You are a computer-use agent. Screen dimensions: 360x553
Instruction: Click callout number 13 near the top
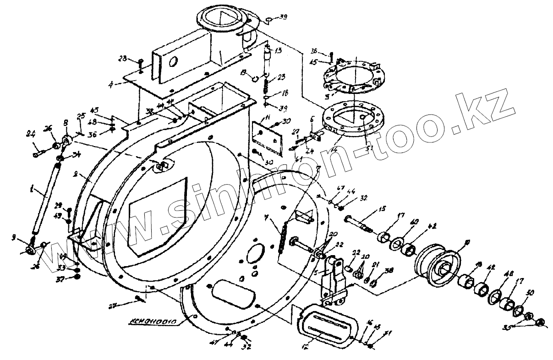279,50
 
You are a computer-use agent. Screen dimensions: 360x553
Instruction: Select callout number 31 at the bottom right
389,333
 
